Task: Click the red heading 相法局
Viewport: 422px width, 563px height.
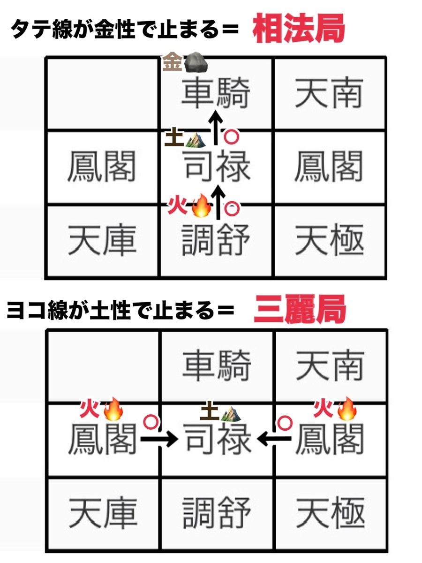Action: (299, 29)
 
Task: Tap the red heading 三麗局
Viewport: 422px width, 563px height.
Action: (300, 309)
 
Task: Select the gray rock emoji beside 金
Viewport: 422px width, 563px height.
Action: (196, 62)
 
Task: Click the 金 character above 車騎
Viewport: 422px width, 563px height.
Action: (173, 61)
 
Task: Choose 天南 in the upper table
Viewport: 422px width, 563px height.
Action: (330, 92)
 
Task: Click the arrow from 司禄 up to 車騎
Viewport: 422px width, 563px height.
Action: (216, 127)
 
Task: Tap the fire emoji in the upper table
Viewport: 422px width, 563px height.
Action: (202, 205)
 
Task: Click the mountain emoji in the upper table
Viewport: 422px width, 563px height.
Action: (195, 139)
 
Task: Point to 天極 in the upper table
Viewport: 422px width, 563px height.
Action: (330, 239)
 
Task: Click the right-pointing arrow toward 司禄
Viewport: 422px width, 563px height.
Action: (159, 439)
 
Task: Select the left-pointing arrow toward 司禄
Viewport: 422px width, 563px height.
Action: (274, 439)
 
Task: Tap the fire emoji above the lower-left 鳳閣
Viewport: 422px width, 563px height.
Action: (113, 410)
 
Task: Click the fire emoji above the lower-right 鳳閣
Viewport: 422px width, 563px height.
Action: (347, 409)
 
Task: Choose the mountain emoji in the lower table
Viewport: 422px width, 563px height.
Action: (231, 413)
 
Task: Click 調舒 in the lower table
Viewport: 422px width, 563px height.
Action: (217, 513)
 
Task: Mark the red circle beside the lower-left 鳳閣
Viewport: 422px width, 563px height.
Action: (151, 422)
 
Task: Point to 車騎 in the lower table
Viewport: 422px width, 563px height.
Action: (217, 365)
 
